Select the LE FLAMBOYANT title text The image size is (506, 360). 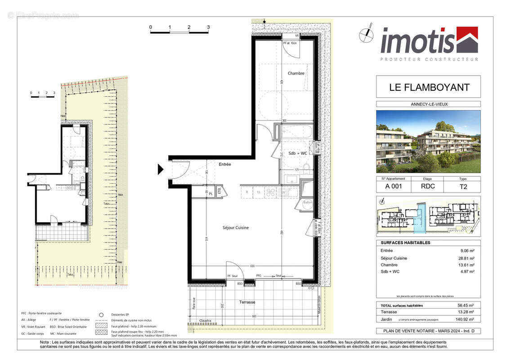pyautogui.click(x=428, y=87)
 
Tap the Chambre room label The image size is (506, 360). pyautogui.click(x=296, y=73)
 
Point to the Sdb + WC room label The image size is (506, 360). pyautogui.click(x=298, y=153)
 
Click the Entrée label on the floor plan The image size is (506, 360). pyautogui.click(x=225, y=164)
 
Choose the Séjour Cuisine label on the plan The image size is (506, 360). pyautogui.click(x=235, y=228)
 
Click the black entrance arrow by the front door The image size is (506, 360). pyautogui.click(x=161, y=170)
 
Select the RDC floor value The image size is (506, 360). pyautogui.click(x=428, y=187)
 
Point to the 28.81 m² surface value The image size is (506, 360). pyautogui.click(x=468, y=258)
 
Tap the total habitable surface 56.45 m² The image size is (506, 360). pyautogui.click(x=468, y=306)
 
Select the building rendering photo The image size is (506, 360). pyautogui.click(x=428, y=142)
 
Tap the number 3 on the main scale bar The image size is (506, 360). pyautogui.click(x=208, y=27)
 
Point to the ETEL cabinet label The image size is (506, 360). pyautogui.click(x=220, y=191)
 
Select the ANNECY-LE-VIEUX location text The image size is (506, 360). pyautogui.click(x=428, y=104)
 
